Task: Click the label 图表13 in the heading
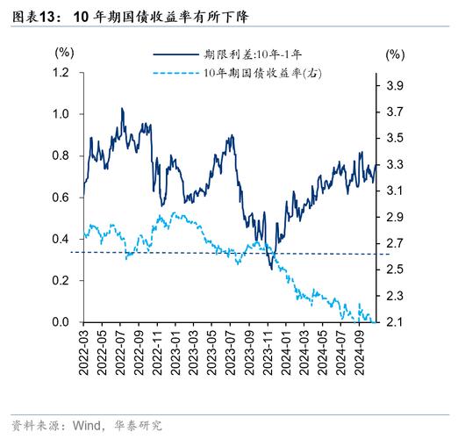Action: (x=36, y=16)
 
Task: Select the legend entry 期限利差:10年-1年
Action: (x=254, y=54)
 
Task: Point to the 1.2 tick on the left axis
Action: (x=61, y=72)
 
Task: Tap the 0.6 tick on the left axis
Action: (x=61, y=198)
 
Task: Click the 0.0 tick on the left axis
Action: (x=61, y=322)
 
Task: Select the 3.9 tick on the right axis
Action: (x=395, y=85)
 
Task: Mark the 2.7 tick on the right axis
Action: (x=395, y=243)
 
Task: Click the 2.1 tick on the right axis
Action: (x=395, y=322)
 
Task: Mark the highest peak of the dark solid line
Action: (x=122, y=109)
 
